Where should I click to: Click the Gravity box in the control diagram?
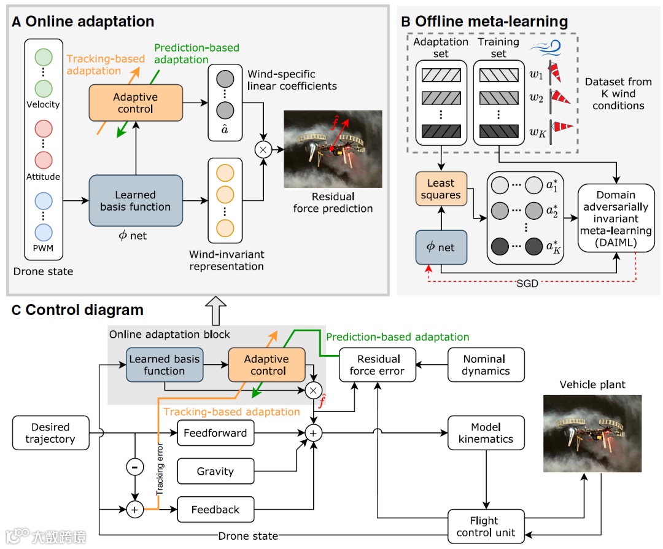point(215,471)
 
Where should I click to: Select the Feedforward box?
point(215,433)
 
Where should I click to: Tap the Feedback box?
point(215,510)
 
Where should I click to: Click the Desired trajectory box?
point(50,433)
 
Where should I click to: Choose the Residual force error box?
point(377,365)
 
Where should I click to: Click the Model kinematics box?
point(486,433)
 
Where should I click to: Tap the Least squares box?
point(441,189)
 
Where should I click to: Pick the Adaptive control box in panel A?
point(136,103)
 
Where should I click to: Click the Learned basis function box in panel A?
point(136,201)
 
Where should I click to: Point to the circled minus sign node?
point(134,467)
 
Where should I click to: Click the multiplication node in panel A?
point(265,149)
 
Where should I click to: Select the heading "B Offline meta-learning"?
point(484,21)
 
